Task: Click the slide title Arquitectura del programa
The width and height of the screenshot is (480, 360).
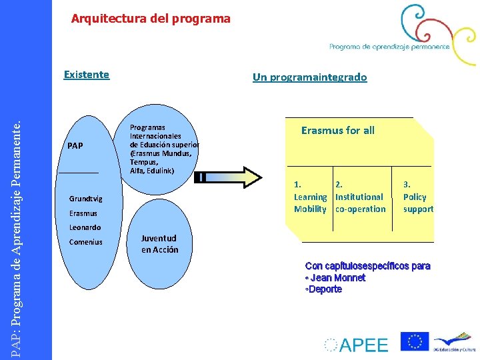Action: [x=151, y=19]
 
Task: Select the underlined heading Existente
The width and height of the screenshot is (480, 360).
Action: [x=86, y=74]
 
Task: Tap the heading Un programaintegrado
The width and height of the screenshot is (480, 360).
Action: [x=309, y=77]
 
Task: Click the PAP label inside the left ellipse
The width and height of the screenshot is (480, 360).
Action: [x=75, y=145]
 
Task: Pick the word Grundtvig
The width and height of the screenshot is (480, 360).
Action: [x=86, y=199]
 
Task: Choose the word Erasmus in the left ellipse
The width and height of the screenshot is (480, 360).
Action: [x=83, y=213]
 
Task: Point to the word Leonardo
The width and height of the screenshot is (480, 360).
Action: [x=85, y=227]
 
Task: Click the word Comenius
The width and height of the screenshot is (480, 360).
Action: [x=86, y=242]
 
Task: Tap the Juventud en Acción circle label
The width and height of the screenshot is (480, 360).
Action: [x=159, y=244]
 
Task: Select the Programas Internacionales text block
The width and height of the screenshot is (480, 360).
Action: [x=163, y=149]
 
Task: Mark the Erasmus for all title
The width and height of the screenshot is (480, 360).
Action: [x=337, y=131]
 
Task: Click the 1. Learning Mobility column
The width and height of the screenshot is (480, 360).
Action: [x=311, y=197]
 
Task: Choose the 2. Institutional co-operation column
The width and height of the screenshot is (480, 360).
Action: [x=360, y=197]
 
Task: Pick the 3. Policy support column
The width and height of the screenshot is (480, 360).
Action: [x=418, y=197]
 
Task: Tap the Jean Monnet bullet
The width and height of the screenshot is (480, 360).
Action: [x=336, y=278]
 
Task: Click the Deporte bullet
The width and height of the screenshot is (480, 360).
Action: [x=324, y=289]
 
